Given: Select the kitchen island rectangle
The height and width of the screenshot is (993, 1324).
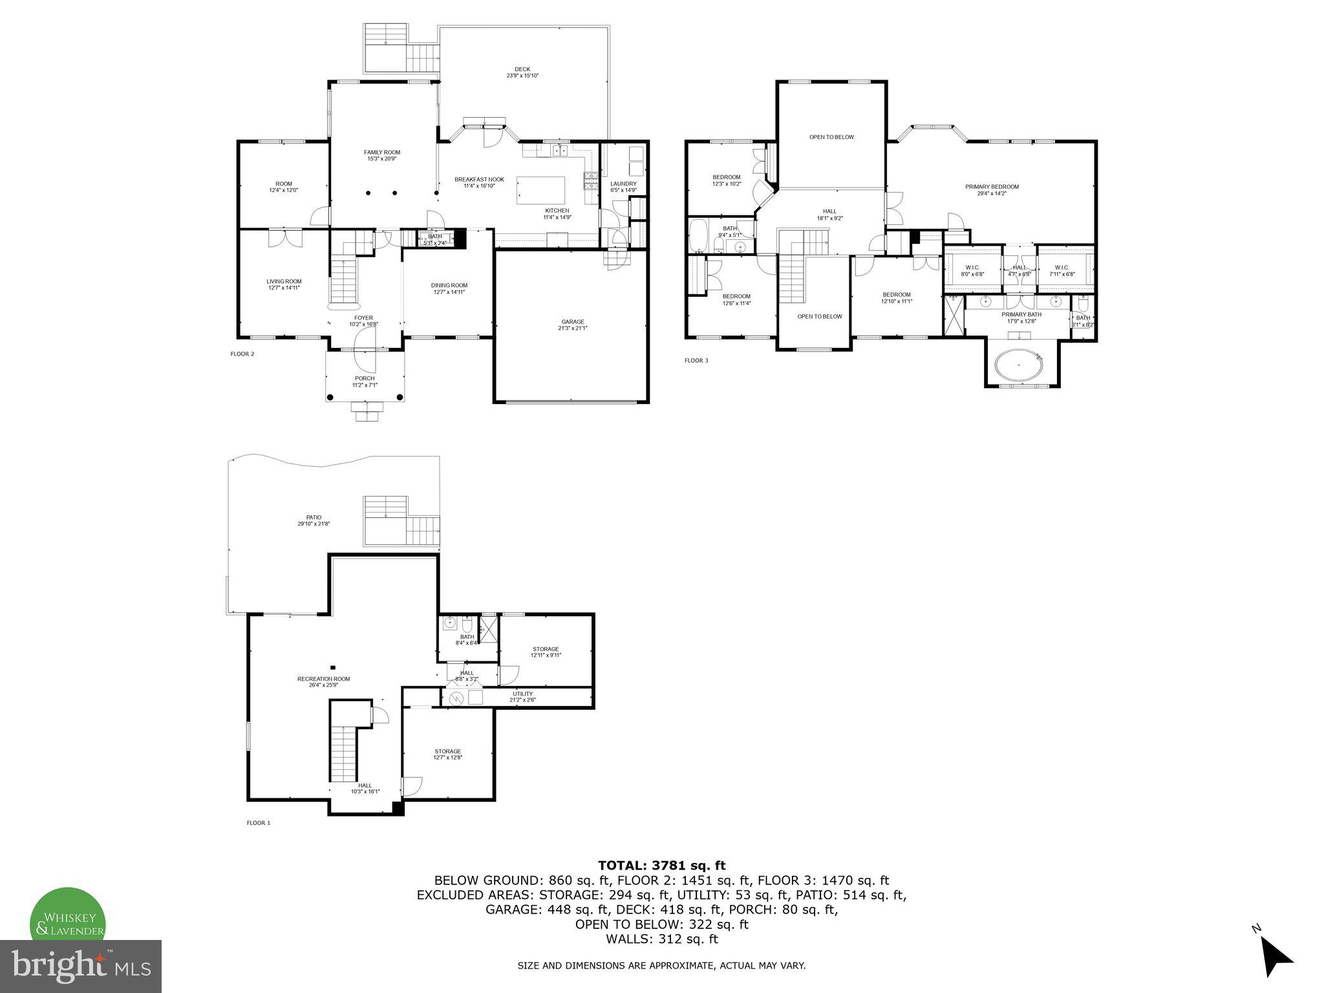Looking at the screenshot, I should click(x=540, y=190).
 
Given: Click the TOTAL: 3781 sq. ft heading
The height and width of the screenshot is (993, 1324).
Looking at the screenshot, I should click(x=661, y=865).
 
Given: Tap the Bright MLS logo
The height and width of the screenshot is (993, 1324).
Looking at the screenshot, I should click(x=81, y=966).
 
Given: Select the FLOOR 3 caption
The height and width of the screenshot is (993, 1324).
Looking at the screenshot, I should click(x=696, y=360).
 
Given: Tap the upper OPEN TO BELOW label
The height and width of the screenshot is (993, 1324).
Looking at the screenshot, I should click(x=831, y=137).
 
